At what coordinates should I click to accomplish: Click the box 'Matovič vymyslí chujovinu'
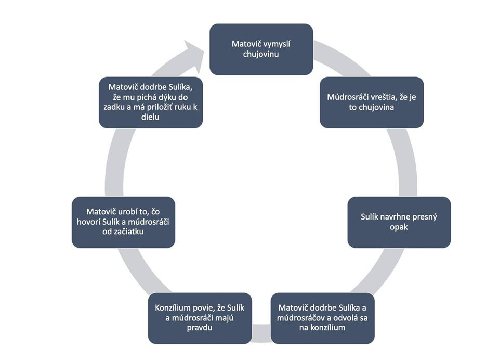point(261,49)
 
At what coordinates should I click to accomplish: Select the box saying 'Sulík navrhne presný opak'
point(399,222)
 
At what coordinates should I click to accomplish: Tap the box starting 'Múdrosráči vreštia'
point(372,102)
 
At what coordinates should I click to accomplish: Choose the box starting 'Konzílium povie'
point(200,318)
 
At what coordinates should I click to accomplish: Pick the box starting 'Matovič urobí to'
point(124,222)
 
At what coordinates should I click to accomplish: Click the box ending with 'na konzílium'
point(323,318)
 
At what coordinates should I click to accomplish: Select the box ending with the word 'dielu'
point(151,102)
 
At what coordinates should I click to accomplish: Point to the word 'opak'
point(399,227)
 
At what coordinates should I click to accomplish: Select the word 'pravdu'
point(200,328)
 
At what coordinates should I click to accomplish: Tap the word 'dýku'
point(167,97)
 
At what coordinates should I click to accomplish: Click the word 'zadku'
point(114,107)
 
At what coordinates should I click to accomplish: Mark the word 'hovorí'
point(88,222)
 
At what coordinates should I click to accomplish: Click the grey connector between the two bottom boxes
point(261,333)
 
